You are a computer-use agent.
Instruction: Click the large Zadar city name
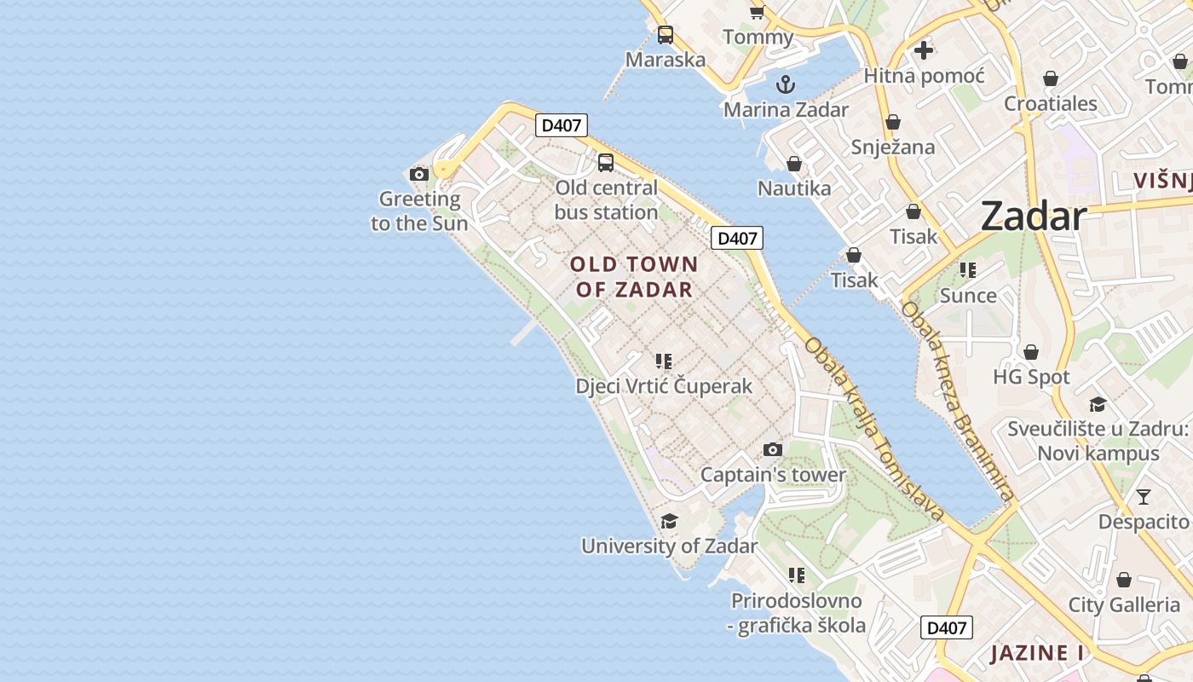coord(1033,217)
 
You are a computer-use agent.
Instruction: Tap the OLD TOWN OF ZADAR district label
coord(635,277)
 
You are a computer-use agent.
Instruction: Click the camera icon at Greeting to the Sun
coord(419,175)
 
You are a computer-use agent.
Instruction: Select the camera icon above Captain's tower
coord(773,450)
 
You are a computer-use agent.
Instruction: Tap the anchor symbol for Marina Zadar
coord(786,84)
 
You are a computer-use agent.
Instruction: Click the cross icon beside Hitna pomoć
coord(923,50)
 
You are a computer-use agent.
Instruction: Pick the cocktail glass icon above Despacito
coord(1144,497)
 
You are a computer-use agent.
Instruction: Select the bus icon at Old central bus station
coord(606,163)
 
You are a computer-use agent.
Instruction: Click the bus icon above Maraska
coord(666,35)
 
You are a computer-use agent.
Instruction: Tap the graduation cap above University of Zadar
coord(670,521)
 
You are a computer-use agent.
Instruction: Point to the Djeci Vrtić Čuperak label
coord(664,386)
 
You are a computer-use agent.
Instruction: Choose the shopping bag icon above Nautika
coord(794,164)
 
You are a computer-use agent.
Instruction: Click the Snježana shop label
coord(893,147)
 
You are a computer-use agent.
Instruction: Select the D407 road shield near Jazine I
coord(947,628)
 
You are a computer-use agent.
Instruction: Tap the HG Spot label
coord(1031,377)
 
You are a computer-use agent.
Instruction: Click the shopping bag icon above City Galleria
coord(1124,581)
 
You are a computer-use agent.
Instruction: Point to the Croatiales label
coord(1051,104)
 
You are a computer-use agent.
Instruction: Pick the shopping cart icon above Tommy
coord(757,12)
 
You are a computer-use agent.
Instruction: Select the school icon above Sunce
coord(967,270)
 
